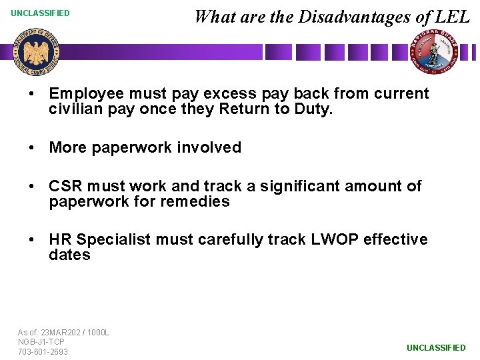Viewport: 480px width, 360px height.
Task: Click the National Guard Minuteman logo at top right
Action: point(434,52)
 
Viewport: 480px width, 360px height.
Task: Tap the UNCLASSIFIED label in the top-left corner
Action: point(40,13)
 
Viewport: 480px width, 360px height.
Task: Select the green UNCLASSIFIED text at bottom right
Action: point(436,347)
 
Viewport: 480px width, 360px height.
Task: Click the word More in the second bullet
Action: point(67,147)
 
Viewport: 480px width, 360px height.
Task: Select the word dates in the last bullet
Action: point(69,255)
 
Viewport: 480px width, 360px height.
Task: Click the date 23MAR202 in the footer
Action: point(59,332)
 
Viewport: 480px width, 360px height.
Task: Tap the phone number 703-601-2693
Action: point(43,351)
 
